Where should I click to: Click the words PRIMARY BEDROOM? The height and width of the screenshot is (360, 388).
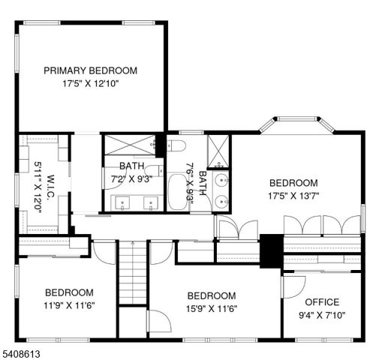pyautogui.click(x=90, y=70)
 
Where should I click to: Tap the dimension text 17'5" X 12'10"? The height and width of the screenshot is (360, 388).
pyautogui.click(x=90, y=84)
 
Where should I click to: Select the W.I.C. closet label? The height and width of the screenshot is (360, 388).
pyautogui.click(x=49, y=184)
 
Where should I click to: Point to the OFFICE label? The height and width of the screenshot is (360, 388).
pyautogui.click(x=321, y=302)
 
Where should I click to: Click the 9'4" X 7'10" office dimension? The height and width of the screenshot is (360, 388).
pyautogui.click(x=321, y=316)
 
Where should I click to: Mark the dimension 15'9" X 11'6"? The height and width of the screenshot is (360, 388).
pyautogui.click(x=211, y=309)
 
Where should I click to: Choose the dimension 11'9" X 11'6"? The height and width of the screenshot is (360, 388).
pyautogui.click(x=69, y=305)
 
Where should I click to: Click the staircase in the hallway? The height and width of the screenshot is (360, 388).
pyautogui.click(x=134, y=274)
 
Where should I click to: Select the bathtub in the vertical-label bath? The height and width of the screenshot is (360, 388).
pyautogui.click(x=179, y=192)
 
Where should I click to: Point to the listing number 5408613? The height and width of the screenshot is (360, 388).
pyautogui.click(x=23, y=352)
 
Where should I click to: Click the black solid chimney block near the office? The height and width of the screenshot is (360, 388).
pyautogui.click(x=270, y=251)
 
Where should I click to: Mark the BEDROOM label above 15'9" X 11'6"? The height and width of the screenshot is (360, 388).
pyautogui.click(x=211, y=295)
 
